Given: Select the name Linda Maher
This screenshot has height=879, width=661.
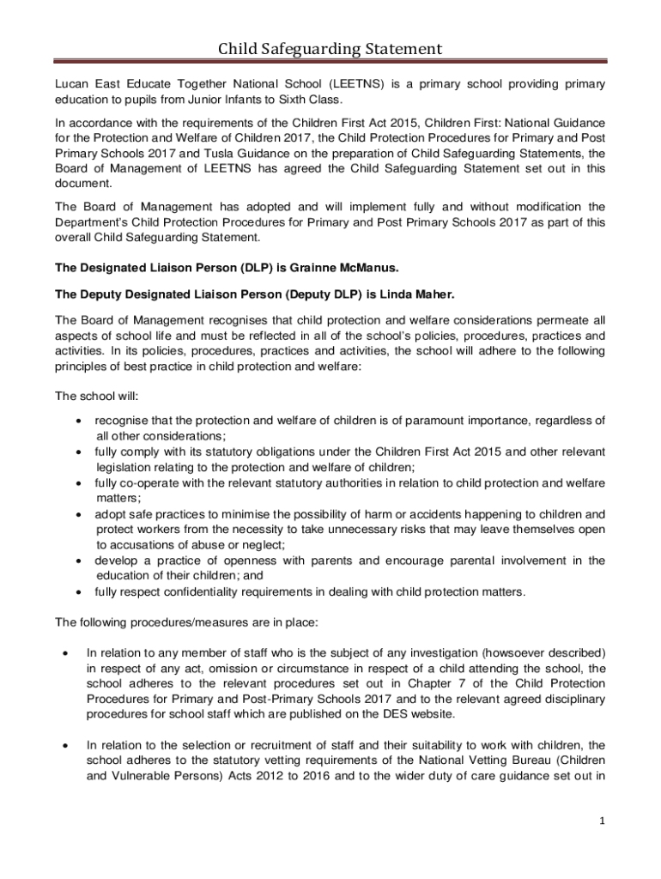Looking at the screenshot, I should point(415,294).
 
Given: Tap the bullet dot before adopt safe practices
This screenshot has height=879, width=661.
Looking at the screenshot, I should point(78,515).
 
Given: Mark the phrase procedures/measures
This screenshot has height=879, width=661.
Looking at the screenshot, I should point(179,622).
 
